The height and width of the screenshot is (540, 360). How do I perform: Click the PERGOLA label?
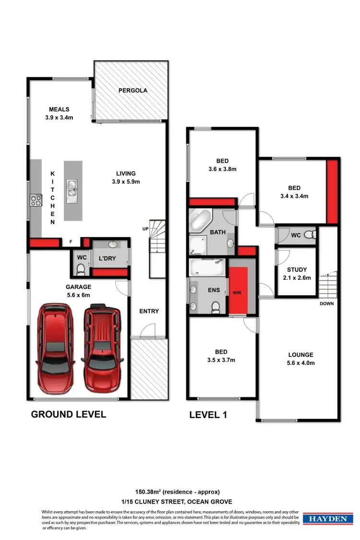coord(133,90)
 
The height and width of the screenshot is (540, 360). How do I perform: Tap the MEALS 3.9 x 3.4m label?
coord(59,113)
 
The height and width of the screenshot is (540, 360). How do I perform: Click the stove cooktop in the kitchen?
coord(36,200)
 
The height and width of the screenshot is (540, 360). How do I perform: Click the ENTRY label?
coord(149,311)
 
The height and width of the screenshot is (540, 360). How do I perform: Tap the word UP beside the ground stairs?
coord(144,228)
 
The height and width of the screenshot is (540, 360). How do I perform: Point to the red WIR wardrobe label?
coord(237,292)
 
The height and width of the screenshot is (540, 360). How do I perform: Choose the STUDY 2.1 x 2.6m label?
coord(296,274)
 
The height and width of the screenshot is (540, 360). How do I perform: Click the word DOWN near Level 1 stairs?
coord(327,304)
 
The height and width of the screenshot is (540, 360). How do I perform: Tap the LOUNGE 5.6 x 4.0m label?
coord(301,359)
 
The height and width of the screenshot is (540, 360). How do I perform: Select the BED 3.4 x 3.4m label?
coord(294,192)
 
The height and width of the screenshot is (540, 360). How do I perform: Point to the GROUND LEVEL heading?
coord(68,414)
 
